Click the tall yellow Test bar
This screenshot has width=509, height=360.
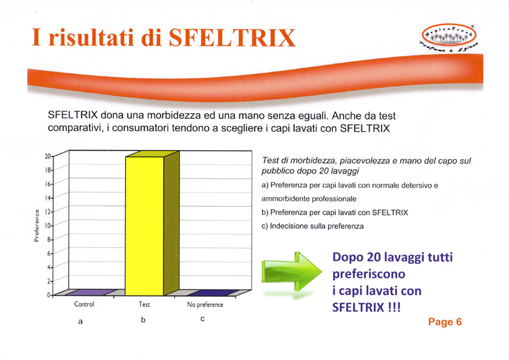tap(145, 226)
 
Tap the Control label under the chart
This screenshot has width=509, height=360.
tap(84, 304)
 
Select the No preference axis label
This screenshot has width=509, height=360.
tap(205, 305)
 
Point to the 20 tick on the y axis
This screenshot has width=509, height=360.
tap(48, 156)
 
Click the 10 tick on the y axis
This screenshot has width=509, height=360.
tap(48, 225)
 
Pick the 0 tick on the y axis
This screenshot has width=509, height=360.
tap(49, 294)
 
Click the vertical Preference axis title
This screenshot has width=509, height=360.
tap(36, 225)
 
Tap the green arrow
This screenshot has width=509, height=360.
tap(291, 272)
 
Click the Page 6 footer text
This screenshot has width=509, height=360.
tap(445, 322)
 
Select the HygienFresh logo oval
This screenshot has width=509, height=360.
tap(449, 35)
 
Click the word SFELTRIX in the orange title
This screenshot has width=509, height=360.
tap(232, 38)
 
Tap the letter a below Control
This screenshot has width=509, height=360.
tap(80, 322)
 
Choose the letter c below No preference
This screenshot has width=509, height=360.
tap(202, 319)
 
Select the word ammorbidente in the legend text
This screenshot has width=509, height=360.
tap(283, 198)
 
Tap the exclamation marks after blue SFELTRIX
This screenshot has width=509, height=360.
tap(394, 307)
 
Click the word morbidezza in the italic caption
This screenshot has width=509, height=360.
tap(312, 160)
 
